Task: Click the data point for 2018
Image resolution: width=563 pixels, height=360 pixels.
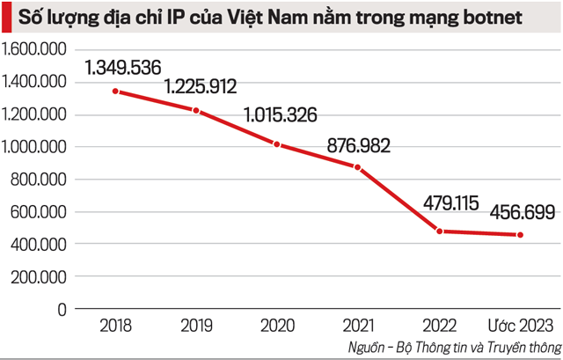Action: coord(117,92)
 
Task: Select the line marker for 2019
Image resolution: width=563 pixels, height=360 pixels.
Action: coord(197,111)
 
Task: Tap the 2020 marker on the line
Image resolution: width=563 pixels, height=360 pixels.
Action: coord(277,145)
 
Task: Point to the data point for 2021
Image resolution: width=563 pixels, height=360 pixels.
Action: coord(357,166)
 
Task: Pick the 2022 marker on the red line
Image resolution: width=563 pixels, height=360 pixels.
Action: coord(438,231)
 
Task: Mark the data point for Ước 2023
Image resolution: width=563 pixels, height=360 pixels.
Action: coord(519,235)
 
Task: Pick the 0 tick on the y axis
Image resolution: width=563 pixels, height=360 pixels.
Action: coord(62,309)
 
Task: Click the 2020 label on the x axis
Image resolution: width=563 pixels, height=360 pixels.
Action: coord(277,325)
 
